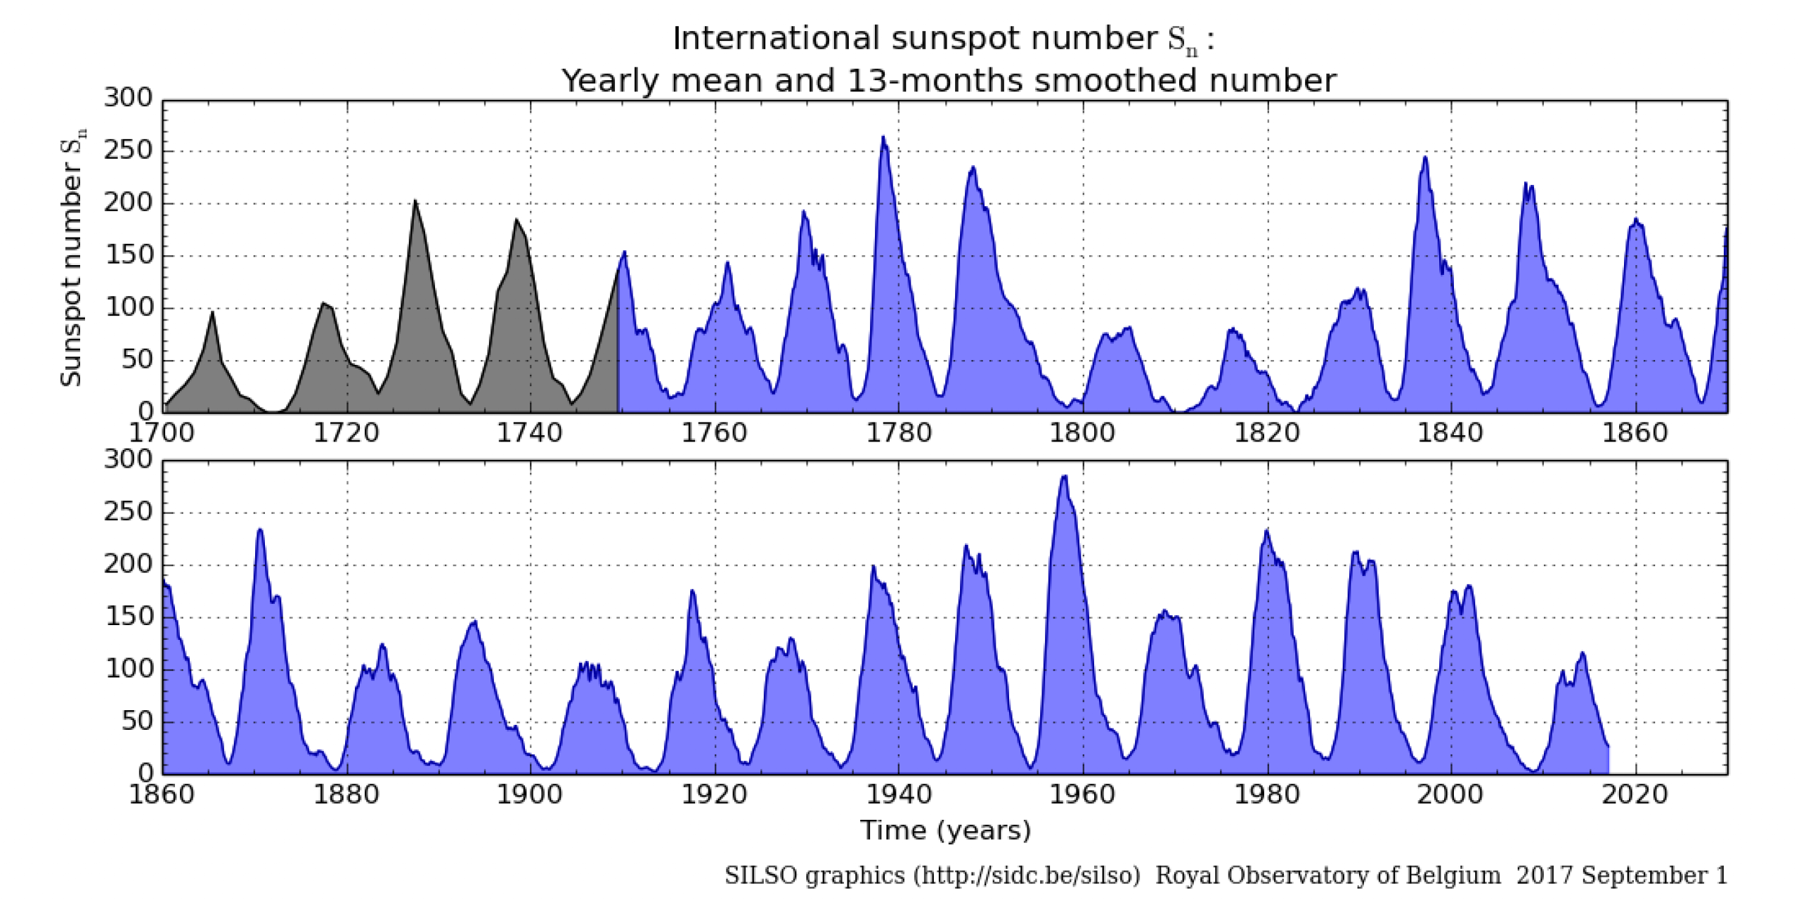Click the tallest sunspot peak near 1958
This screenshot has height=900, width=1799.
(1065, 477)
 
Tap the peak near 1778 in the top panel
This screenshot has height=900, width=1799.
(883, 138)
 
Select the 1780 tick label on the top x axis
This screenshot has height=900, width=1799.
(899, 433)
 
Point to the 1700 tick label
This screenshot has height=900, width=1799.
(162, 433)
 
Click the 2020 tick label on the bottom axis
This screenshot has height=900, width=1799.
(1635, 795)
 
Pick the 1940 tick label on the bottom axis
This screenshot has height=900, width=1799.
(899, 795)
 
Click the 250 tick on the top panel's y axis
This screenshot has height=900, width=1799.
(129, 151)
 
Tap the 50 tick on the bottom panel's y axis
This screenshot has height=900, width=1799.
(137, 721)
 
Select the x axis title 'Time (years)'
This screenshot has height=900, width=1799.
(945, 831)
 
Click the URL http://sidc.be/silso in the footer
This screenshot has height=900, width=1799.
(1026, 876)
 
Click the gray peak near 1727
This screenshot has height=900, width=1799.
(415, 201)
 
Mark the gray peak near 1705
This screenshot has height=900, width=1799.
(212, 313)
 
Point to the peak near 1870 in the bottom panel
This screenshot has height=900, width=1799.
(260, 530)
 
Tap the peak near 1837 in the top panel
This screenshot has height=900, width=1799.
(1426, 157)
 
